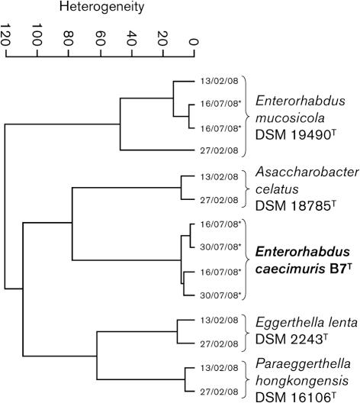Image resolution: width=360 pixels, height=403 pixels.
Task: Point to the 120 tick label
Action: pos(8,37)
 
